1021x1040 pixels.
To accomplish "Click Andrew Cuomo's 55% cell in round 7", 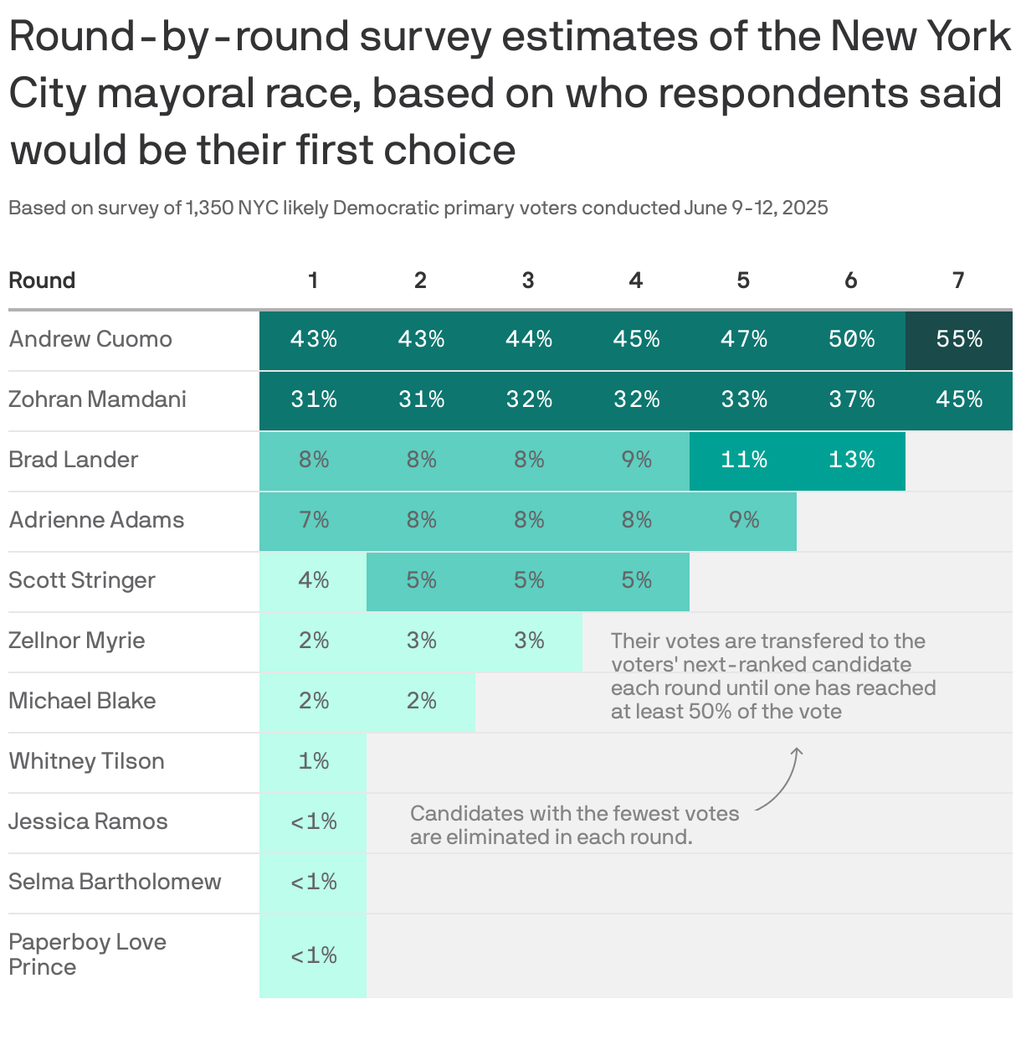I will (x=959, y=339).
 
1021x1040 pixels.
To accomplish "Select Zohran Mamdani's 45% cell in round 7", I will (x=959, y=399).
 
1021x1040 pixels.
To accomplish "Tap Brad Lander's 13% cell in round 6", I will (x=851, y=460).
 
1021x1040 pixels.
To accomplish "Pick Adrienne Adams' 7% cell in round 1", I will (x=313, y=520).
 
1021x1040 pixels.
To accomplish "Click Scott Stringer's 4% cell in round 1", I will (x=313, y=580).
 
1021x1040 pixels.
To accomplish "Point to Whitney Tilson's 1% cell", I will (x=313, y=761).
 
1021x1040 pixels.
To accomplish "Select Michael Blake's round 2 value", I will (x=421, y=701).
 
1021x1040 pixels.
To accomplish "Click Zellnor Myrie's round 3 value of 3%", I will (x=528, y=641).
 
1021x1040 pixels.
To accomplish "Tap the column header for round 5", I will (x=743, y=281).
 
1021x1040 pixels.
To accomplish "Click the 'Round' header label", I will (x=42, y=281).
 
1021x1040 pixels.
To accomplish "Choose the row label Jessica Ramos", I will (x=88, y=821).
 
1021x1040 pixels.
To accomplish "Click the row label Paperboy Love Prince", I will (x=87, y=954).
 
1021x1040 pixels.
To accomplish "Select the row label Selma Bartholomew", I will (x=115, y=882).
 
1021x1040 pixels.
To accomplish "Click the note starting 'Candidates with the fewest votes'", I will (x=574, y=825).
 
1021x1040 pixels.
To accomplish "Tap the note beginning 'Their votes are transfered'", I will (x=772, y=676).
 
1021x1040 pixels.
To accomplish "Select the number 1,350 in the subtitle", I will (x=210, y=208).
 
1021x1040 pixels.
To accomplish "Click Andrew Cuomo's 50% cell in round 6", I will (x=851, y=339).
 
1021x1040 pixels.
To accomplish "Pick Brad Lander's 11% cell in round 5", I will (x=743, y=460).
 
